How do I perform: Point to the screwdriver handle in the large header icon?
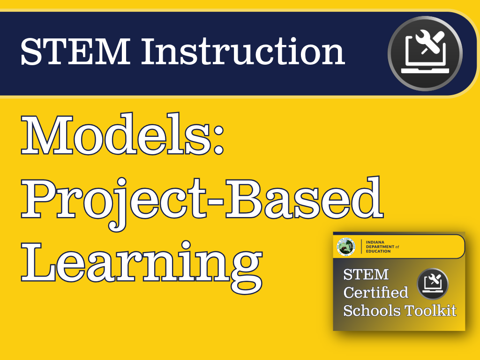439,35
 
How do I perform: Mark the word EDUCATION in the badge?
377,251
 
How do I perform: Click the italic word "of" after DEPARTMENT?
397,247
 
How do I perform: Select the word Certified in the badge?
375,292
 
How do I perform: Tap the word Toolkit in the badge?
431,310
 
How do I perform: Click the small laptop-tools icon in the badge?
433,284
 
